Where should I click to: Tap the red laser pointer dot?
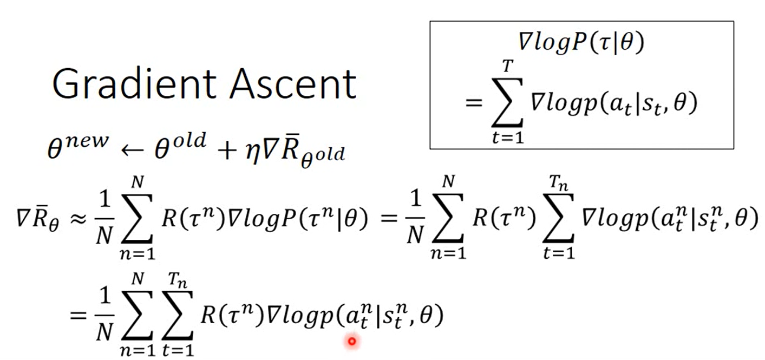(x=352, y=341)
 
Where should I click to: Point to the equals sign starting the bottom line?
(x=77, y=317)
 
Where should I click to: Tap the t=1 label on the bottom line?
(x=177, y=350)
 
